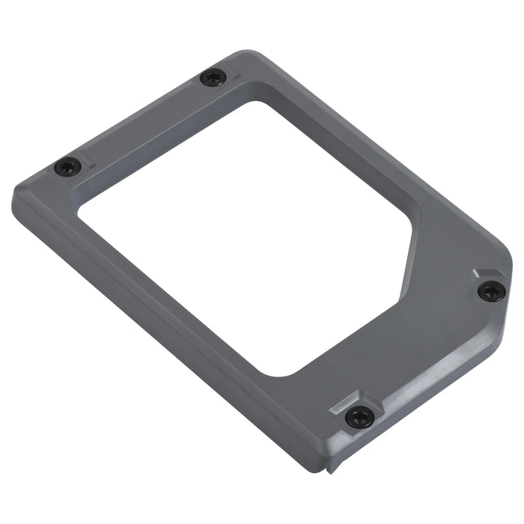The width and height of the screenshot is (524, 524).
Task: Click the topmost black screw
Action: point(213,76)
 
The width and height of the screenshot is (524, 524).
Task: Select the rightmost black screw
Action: point(490,291)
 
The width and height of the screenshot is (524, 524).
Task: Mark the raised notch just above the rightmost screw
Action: point(479,274)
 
